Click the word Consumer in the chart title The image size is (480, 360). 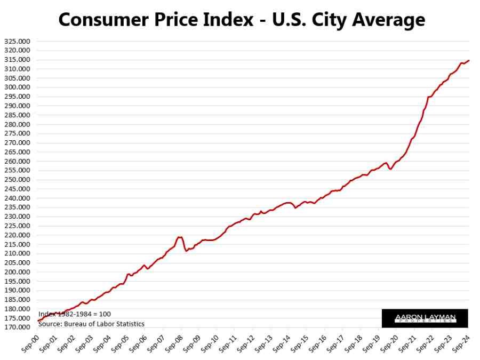[102, 20]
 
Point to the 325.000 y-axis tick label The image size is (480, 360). [17, 41]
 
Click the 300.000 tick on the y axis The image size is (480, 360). [17, 87]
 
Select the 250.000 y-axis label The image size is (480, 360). [17, 180]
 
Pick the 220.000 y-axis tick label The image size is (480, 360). [17, 235]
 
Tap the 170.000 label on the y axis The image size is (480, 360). [17, 327]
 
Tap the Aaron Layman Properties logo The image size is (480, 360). [425, 318]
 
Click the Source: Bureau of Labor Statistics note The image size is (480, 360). [91, 324]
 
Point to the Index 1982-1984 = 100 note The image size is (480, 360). [75, 314]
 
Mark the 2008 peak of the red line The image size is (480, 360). [179, 237]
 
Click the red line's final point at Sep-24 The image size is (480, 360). [469, 60]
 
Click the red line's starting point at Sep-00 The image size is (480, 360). [38, 321]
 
